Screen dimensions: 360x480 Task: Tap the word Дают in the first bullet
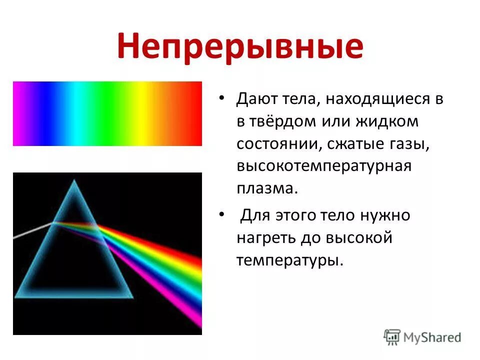255,98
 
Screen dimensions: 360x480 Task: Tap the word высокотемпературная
324,166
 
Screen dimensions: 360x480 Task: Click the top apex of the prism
75,180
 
